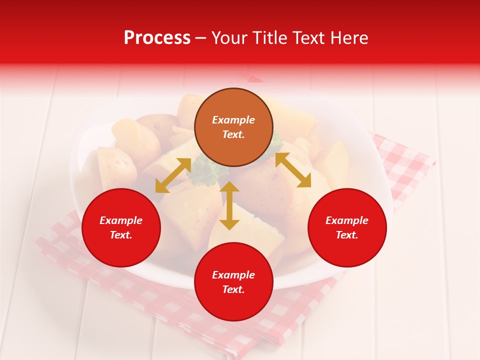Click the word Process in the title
pos(157,38)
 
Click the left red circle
pos(121,250)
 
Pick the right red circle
pos(347,250)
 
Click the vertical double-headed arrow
pos(229,205)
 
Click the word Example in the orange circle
pos(233,120)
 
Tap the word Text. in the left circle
pos(121,235)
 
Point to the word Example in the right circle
pos(347,220)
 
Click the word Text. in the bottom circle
pos(233,289)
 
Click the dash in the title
pos(201,38)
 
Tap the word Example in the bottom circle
pos(233,275)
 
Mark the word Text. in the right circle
pos(347,235)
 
